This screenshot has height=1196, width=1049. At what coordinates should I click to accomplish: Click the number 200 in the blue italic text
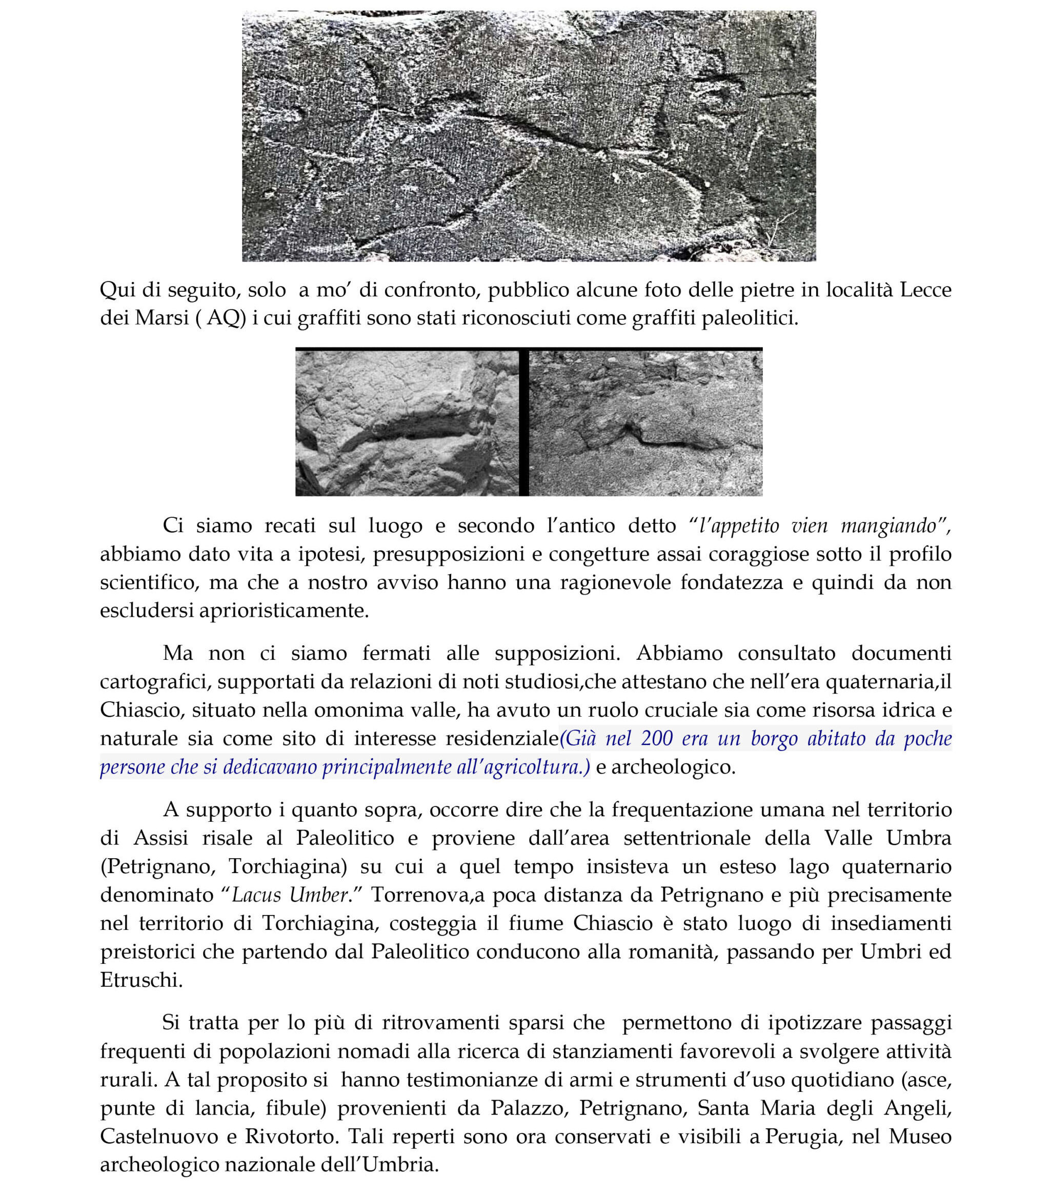[x=655, y=738]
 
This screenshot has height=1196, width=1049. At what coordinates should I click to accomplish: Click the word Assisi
[x=161, y=838]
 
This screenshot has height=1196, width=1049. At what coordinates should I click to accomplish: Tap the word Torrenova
[x=422, y=895]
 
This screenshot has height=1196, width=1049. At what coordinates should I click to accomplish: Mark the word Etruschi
[x=140, y=980]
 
